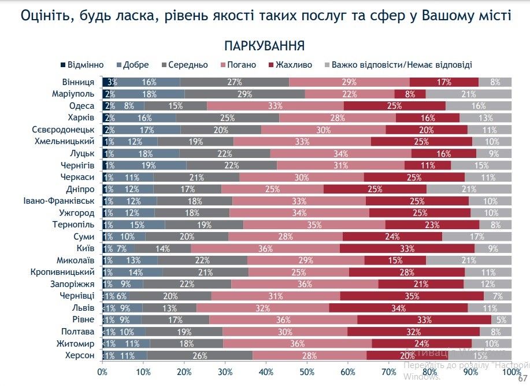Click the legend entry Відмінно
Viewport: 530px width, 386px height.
coord(84,65)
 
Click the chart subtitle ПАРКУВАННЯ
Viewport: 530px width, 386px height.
coord(265,46)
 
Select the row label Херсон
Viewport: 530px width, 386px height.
coord(79,355)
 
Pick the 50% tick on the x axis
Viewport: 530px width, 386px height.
coord(307,372)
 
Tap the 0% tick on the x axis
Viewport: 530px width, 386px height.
coord(102,372)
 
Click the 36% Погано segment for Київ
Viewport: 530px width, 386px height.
coord(265,248)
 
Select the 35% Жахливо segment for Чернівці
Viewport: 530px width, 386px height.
coord(412,296)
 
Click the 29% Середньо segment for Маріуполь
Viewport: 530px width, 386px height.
coord(244,94)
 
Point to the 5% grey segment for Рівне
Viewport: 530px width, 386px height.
coord(501,319)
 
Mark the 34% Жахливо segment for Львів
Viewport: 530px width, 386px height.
coord(398,308)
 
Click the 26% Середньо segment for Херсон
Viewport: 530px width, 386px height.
coord(200,355)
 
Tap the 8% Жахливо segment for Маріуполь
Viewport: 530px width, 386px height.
coord(410,94)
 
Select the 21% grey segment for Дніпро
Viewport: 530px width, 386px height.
coord(469,189)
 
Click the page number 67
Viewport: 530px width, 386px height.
coord(522,378)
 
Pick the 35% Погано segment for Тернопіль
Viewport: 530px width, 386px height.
coord(314,225)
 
